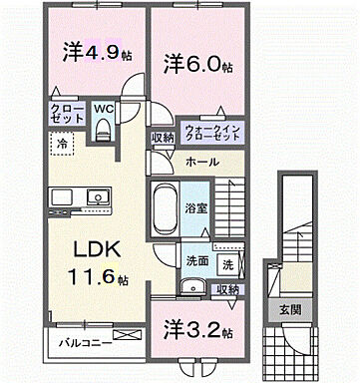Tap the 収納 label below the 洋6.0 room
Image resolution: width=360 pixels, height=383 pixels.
tap(163, 138)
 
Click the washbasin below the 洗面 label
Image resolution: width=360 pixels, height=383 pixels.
tap(190, 288)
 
